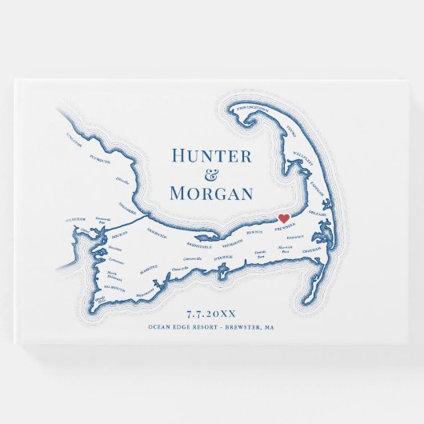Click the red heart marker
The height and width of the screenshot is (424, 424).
click(x=282, y=218)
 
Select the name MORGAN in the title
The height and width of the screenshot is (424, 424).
click(x=212, y=193)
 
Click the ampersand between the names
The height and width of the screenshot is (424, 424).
click(x=212, y=175)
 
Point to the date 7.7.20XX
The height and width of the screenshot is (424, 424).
click(x=212, y=314)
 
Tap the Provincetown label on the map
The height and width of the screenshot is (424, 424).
click(x=253, y=106)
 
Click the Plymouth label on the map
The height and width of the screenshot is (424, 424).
click(x=100, y=159)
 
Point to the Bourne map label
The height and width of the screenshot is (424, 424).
click(x=119, y=237)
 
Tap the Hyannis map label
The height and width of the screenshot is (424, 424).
click(x=223, y=258)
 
